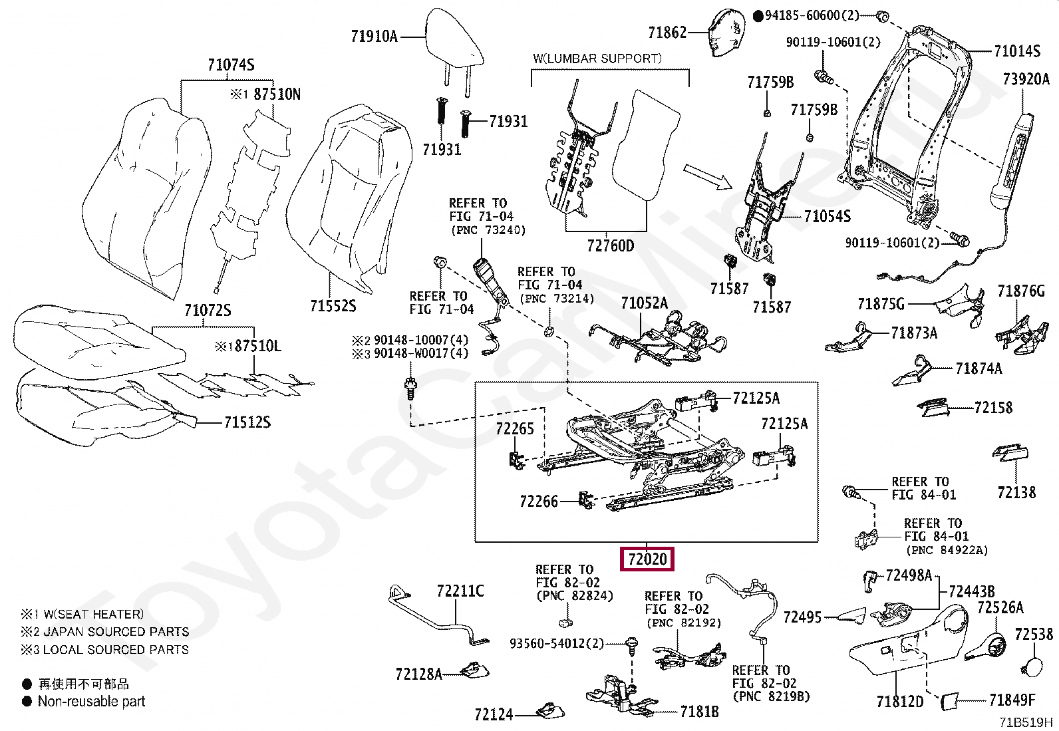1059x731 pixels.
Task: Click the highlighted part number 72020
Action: (647, 559)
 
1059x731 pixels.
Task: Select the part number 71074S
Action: (231, 65)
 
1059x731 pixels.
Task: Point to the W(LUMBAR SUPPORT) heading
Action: (597, 59)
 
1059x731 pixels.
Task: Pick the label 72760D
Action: (611, 246)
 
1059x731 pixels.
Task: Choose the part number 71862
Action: (667, 33)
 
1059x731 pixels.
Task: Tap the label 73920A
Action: (1026, 79)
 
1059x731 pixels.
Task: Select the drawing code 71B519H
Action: (1025, 722)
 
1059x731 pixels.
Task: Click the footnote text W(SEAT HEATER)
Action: (94, 614)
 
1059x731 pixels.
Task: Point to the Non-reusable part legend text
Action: (91, 701)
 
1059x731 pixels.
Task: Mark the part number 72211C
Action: (460, 591)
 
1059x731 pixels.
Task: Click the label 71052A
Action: (645, 303)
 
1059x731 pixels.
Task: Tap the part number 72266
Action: (539, 502)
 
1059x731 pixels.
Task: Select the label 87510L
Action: (257, 346)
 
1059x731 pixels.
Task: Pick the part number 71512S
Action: (247, 422)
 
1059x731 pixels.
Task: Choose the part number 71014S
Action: (1017, 51)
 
